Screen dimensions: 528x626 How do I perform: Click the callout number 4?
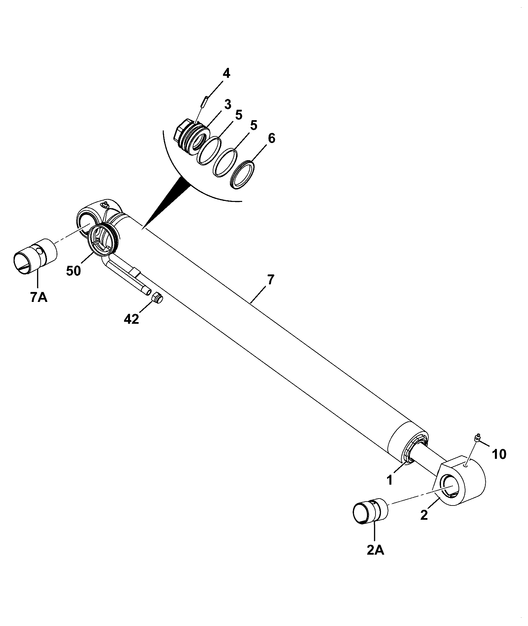[226, 73]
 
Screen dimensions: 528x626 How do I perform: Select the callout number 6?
[271, 138]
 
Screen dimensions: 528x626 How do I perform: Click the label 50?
[73, 271]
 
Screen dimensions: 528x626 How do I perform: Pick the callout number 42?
[131, 319]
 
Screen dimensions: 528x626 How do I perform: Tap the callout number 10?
[499, 455]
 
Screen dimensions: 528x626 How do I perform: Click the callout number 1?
[390, 480]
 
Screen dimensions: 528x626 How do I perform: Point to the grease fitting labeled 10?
[477, 438]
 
